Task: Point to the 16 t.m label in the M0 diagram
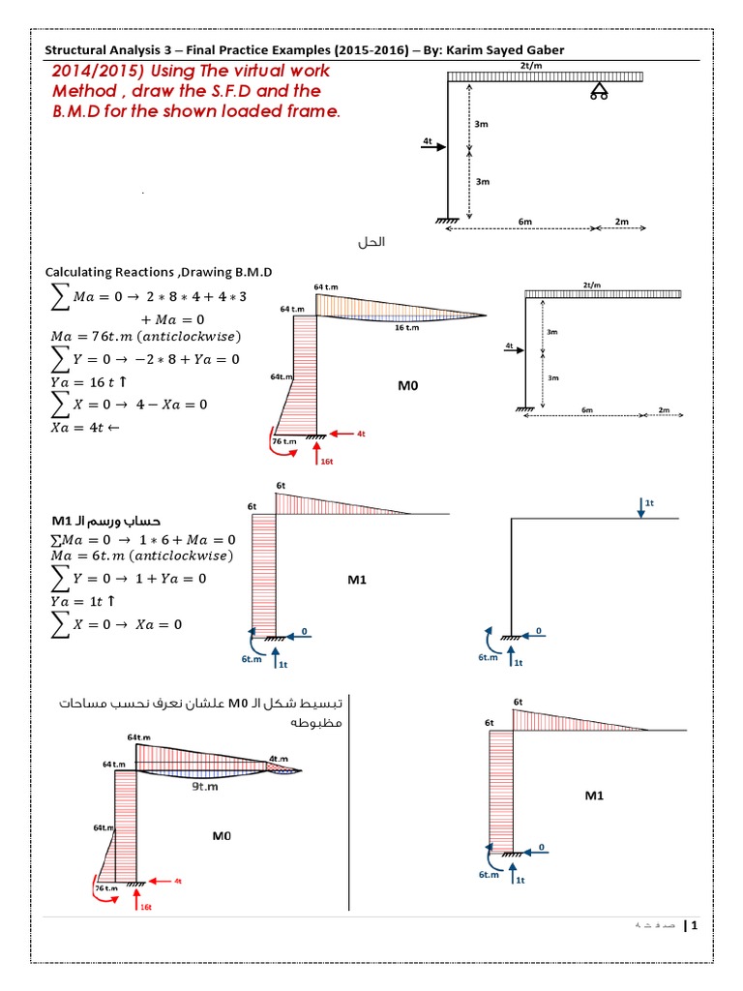coord(407,328)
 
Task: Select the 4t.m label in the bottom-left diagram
coord(279,758)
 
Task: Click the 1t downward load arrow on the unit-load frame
coord(640,507)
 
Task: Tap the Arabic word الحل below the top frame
coord(371,241)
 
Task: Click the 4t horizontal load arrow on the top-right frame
coord(432,147)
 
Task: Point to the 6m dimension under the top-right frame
coord(525,222)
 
